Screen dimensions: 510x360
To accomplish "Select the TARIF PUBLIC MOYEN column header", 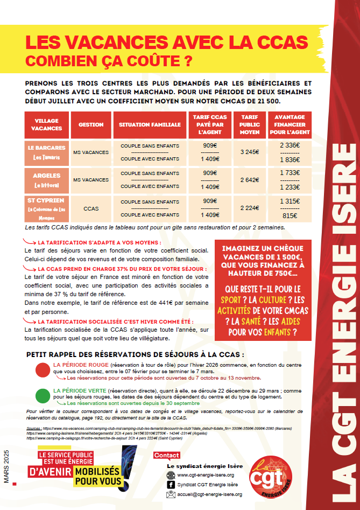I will [249, 124].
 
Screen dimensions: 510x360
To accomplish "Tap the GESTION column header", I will [91, 124].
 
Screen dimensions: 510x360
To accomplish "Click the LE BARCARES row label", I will [46, 148].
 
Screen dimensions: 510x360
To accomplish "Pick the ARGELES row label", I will [46, 176].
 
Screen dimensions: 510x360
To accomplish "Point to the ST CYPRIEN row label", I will [46, 201].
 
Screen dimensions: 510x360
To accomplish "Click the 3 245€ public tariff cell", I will [249, 152].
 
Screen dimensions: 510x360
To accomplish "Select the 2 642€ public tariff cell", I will [249, 180].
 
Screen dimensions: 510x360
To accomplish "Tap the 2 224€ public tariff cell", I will [249, 207].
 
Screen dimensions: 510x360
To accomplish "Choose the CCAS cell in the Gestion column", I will [91, 207].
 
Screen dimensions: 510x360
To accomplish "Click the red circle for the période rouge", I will [42, 371].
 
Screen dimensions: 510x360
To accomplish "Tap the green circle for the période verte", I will [42, 396].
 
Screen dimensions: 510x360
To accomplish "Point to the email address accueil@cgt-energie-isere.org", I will [209, 494].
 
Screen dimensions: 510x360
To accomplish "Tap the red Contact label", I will [166, 455].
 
